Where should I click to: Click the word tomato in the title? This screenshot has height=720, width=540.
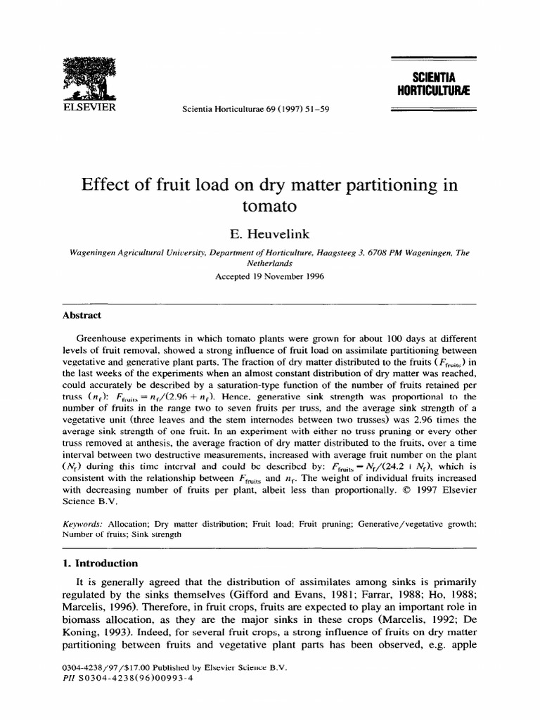pos(269,207)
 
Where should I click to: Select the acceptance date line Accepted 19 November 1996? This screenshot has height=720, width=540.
pos(270,276)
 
